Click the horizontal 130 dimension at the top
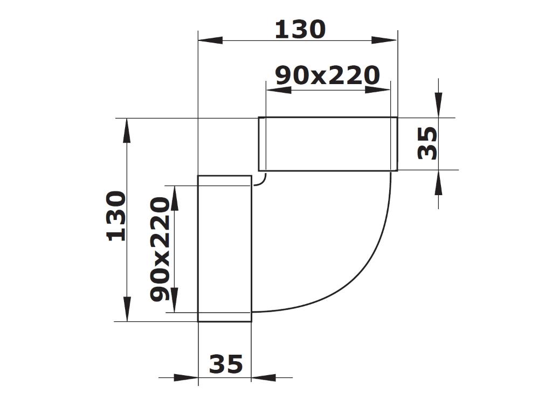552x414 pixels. point(300,30)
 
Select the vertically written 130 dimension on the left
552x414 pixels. point(116,216)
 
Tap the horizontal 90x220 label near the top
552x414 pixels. point(327,76)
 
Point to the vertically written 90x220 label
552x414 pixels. point(160,249)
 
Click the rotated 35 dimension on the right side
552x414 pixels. point(428,143)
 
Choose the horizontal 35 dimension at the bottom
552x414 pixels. point(226,365)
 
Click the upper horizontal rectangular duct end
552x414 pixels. point(328,144)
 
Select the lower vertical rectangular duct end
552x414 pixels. point(225,249)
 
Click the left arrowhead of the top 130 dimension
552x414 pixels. point(211,40)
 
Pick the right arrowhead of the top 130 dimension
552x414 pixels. point(384,40)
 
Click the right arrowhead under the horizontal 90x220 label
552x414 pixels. point(377,89)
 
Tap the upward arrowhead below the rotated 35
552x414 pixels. point(439,183)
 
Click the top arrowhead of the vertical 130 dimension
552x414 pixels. point(127,130)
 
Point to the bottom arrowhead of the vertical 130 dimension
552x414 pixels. point(127,309)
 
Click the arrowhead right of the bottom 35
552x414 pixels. point(264,378)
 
